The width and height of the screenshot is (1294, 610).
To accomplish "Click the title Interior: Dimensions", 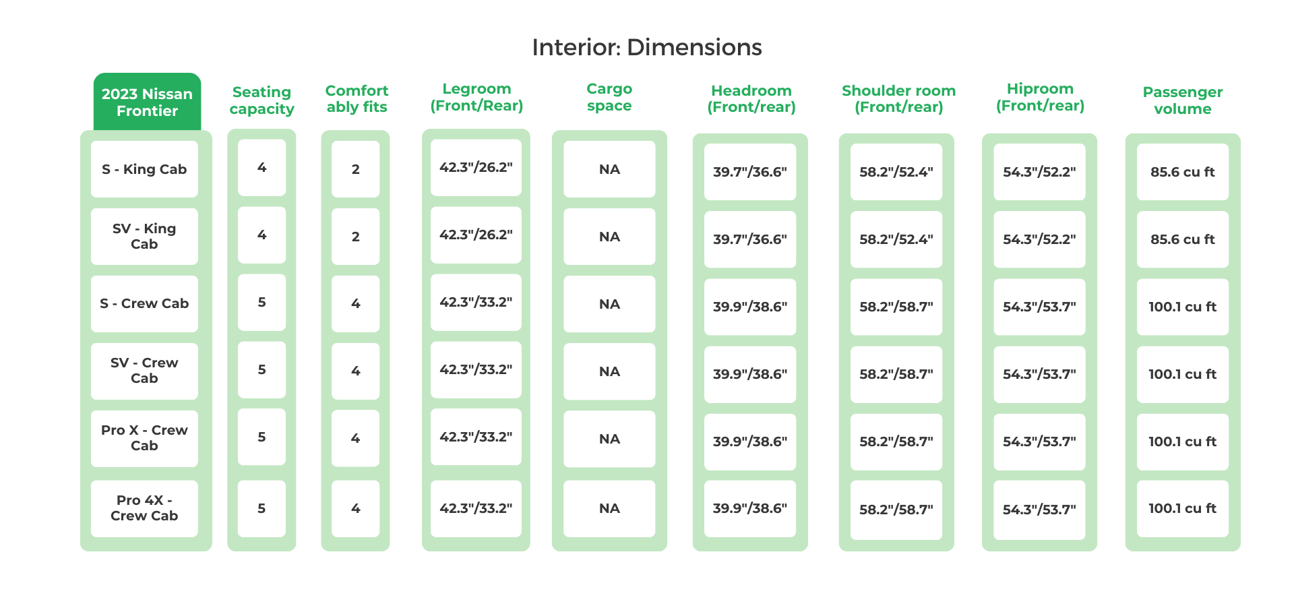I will (x=646, y=47).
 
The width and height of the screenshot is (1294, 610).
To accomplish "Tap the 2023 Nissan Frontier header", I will (x=147, y=102).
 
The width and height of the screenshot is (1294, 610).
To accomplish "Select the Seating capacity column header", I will (x=261, y=100).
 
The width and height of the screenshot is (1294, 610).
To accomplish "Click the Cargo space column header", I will (x=609, y=97).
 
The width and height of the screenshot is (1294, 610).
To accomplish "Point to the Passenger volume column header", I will (x=1182, y=100).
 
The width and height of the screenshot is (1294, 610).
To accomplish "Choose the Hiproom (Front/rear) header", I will (x=1040, y=97).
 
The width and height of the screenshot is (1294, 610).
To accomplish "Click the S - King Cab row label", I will (x=144, y=169).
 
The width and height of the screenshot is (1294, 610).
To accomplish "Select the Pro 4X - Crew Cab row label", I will (x=144, y=508).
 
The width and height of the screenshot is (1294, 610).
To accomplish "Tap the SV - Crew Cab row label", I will (x=144, y=371).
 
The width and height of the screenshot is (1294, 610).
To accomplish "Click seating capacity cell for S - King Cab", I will (x=261, y=168).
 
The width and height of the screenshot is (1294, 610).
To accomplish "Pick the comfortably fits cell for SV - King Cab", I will (x=355, y=237).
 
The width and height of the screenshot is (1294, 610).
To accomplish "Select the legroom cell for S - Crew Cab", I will (x=476, y=303).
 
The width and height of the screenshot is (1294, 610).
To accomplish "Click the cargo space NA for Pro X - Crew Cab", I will (x=609, y=439).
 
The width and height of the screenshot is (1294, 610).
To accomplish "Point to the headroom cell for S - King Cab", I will (x=749, y=172).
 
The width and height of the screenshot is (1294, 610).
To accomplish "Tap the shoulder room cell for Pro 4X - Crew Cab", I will (x=896, y=510).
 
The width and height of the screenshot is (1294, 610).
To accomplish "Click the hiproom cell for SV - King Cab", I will (x=1039, y=239).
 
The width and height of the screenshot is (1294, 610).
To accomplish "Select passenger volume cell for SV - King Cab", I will (x=1182, y=239).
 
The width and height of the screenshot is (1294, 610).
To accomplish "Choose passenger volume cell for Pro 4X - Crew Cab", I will (x=1182, y=509).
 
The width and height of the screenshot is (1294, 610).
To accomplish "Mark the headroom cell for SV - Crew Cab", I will (x=749, y=374).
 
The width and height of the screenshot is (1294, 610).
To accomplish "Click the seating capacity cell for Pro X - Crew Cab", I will (x=261, y=437).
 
